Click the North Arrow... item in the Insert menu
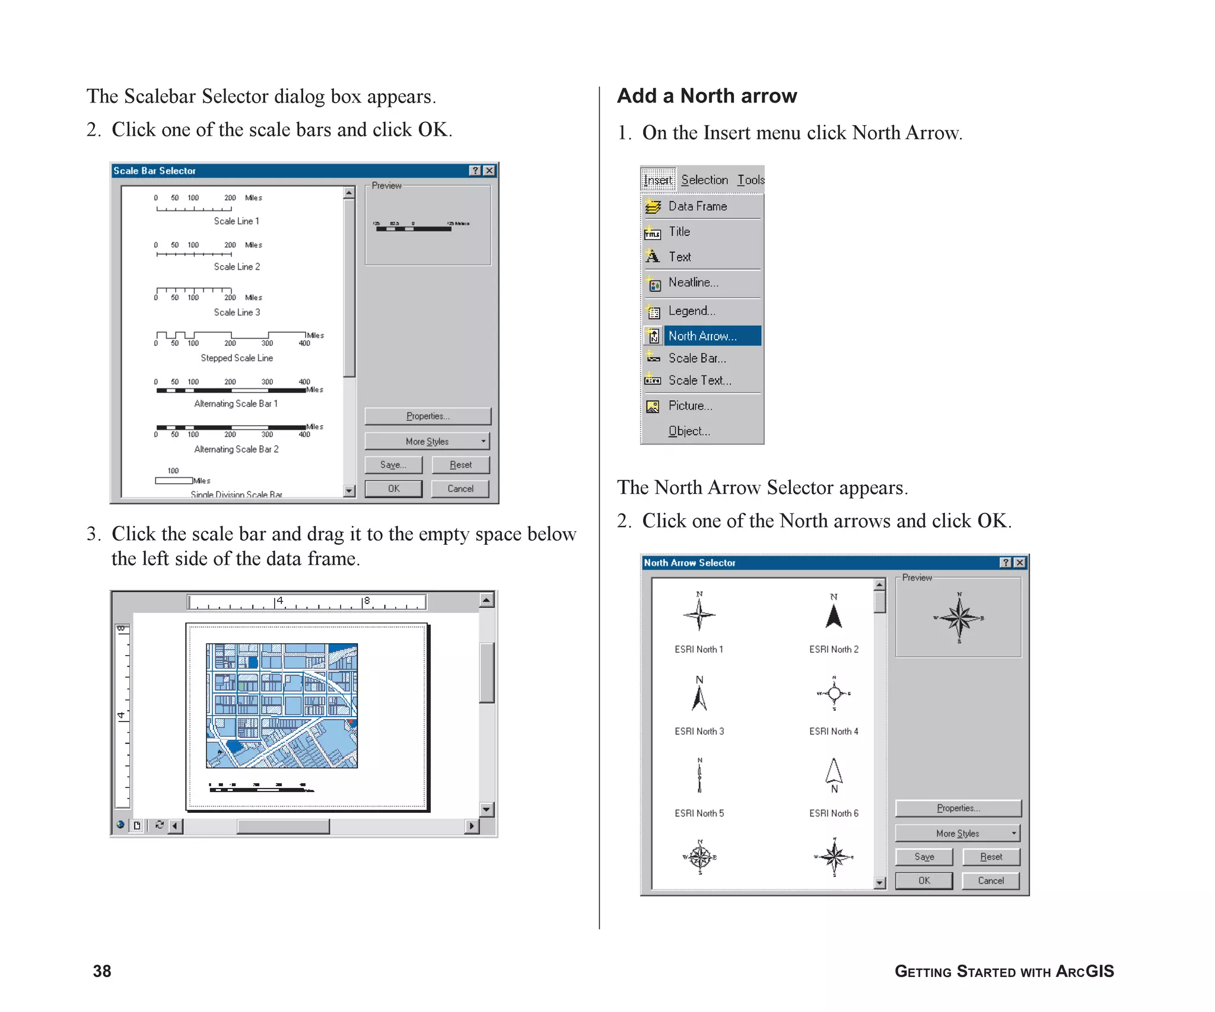point(702,336)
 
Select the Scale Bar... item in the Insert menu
point(696,358)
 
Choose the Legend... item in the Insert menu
point(692,311)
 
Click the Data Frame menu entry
point(697,206)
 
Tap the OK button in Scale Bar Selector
point(393,489)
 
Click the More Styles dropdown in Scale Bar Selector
point(427,441)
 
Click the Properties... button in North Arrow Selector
point(958,808)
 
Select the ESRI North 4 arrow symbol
point(834,694)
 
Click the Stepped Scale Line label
point(237,358)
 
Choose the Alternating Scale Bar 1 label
point(236,404)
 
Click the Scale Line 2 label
point(237,267)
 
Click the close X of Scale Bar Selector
point(489,171)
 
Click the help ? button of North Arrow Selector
point(1006,563)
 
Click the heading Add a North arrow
point(707,96)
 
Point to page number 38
point(102,971)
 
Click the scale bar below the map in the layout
point(261,788)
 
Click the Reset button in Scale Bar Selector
point(460,465)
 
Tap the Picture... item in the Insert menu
point(690,406)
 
